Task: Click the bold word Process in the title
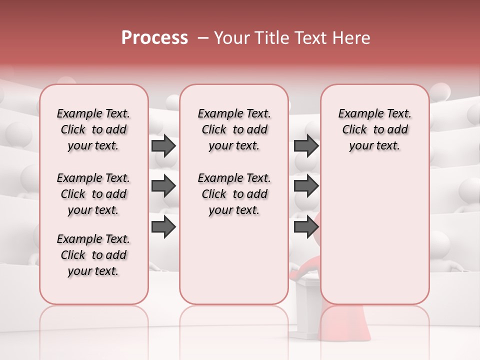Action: point(154,38)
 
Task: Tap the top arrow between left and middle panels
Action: point(163,145)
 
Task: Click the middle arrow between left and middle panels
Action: point(163,186)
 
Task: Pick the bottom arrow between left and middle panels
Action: point(163,226)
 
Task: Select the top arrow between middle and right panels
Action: point(306,145)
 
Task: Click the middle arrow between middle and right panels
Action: point(306,186)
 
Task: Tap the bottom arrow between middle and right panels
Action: point(306,226)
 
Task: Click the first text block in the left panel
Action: point(93,129)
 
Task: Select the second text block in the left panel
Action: point(93,194)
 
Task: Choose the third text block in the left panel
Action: point(93,255)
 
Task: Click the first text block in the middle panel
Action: point(234,129)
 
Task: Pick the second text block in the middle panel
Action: point(234,194)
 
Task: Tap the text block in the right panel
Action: point(375,129)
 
